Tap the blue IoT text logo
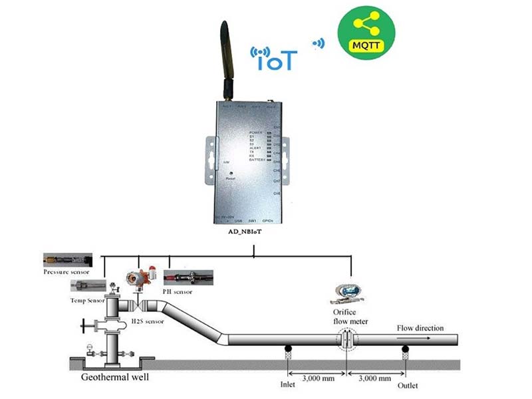pos(274,58)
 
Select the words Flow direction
pos(420,327)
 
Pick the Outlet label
pos(408,384)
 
